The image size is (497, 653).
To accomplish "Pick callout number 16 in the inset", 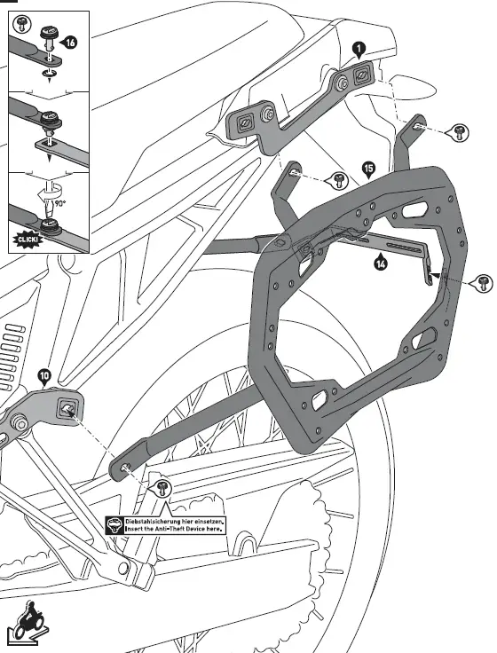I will (x=70, y=41).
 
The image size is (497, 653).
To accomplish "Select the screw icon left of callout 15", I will (x=339, y=182).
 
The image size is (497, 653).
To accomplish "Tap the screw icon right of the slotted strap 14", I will (x=482, y=283).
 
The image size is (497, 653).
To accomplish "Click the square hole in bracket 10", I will (x=67, y=408).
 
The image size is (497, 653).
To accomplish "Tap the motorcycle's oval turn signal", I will (x=409, y=86).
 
